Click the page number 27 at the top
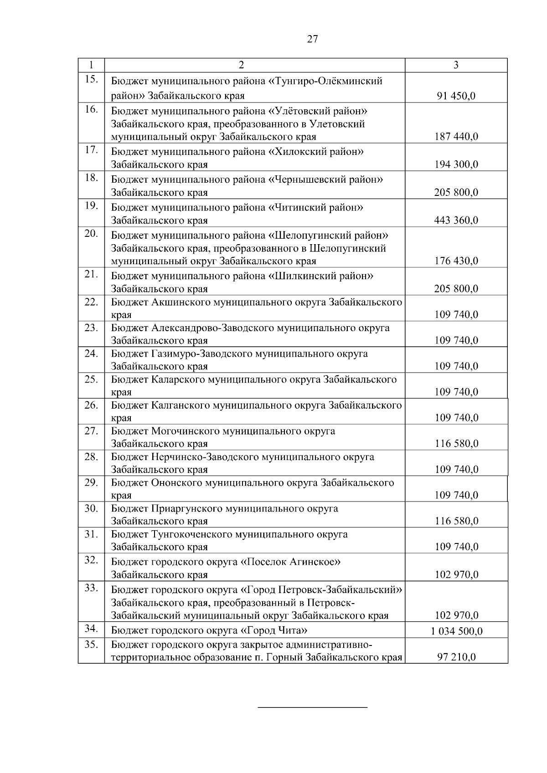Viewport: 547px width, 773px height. (x=313, y=39)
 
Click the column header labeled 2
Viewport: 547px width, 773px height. (x=242, y=65)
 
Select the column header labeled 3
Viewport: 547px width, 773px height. (x=456, y=65)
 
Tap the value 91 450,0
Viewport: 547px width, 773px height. (x=456, y=96)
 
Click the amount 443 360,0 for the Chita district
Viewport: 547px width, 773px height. (x=456, y=220)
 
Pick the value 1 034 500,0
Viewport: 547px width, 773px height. (x=456, y=631)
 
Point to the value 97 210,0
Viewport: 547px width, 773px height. (x=456, y=657)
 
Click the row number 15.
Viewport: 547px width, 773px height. (x=91, y=79)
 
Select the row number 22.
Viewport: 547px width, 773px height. (x=91, y=302)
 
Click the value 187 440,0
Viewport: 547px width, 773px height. (x=456, y=137)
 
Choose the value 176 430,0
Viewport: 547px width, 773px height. (x=456, y=261)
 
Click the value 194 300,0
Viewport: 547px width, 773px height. (x=456, y=164)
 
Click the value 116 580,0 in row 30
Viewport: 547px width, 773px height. (x=456, y=521)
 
